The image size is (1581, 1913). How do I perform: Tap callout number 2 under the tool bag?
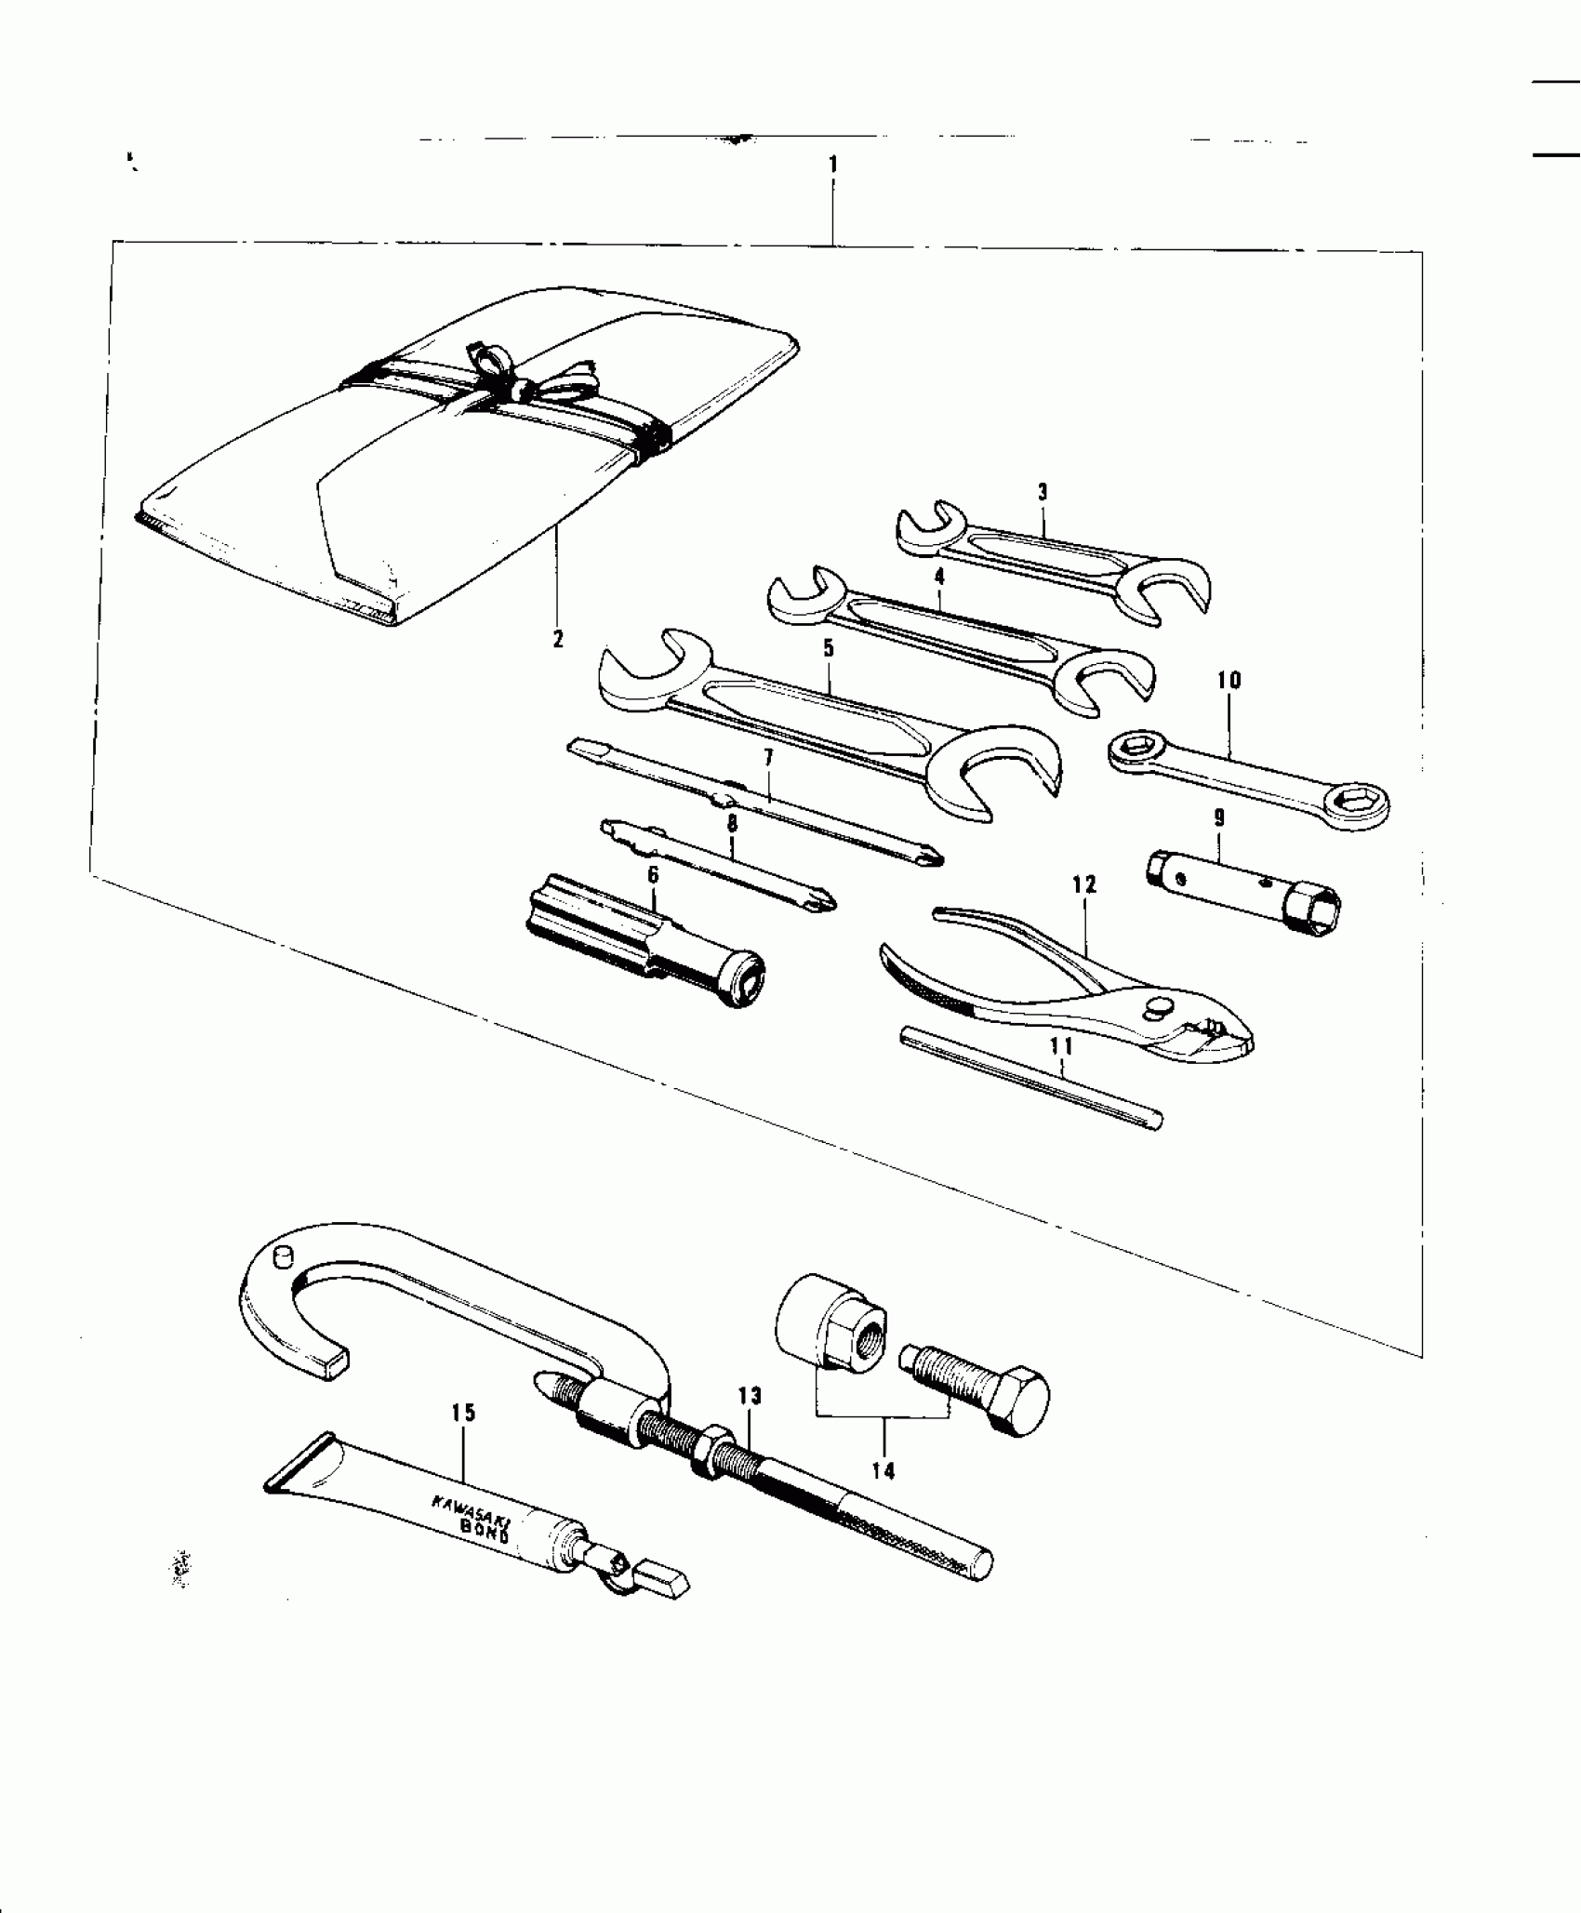[x=558, y=639]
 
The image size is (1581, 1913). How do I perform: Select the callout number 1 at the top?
[x=833, y=165]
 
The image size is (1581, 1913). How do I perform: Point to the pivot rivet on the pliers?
[x=1160, y=1006]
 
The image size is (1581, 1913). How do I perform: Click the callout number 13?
[x=750, y=1397]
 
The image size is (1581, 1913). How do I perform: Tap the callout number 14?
[x=883, y=1470]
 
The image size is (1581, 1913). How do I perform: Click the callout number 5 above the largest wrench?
[x=829, y=648]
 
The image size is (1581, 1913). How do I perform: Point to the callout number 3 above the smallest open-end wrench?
[x=1043, y=492]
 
